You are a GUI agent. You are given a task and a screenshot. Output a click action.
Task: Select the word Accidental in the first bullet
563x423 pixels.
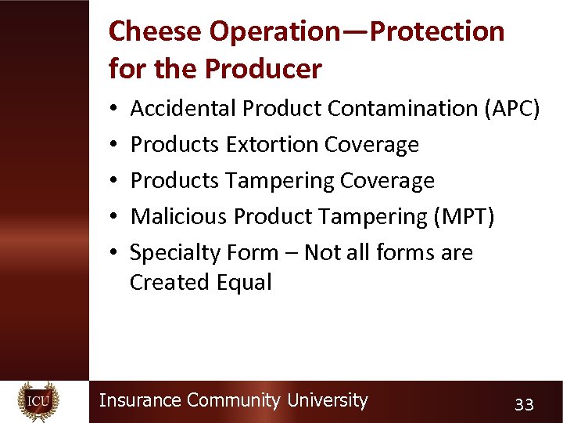(183, 108)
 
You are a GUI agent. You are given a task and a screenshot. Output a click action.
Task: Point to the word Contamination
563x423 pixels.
(403, 108)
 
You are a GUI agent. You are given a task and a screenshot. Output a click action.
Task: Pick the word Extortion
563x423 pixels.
(271, 145)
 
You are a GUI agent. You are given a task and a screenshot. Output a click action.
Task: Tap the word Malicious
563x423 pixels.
(178, 217)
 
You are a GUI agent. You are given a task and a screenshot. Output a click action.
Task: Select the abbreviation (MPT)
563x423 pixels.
(464, 217)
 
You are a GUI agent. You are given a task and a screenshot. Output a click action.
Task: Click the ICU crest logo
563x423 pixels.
(38, 401)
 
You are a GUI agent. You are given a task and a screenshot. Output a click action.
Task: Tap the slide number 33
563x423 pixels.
(523, 404)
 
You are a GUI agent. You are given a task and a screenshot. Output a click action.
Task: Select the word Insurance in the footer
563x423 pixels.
(140, 400)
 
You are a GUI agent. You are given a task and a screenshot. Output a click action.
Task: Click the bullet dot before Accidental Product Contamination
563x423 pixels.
(114, 109)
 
